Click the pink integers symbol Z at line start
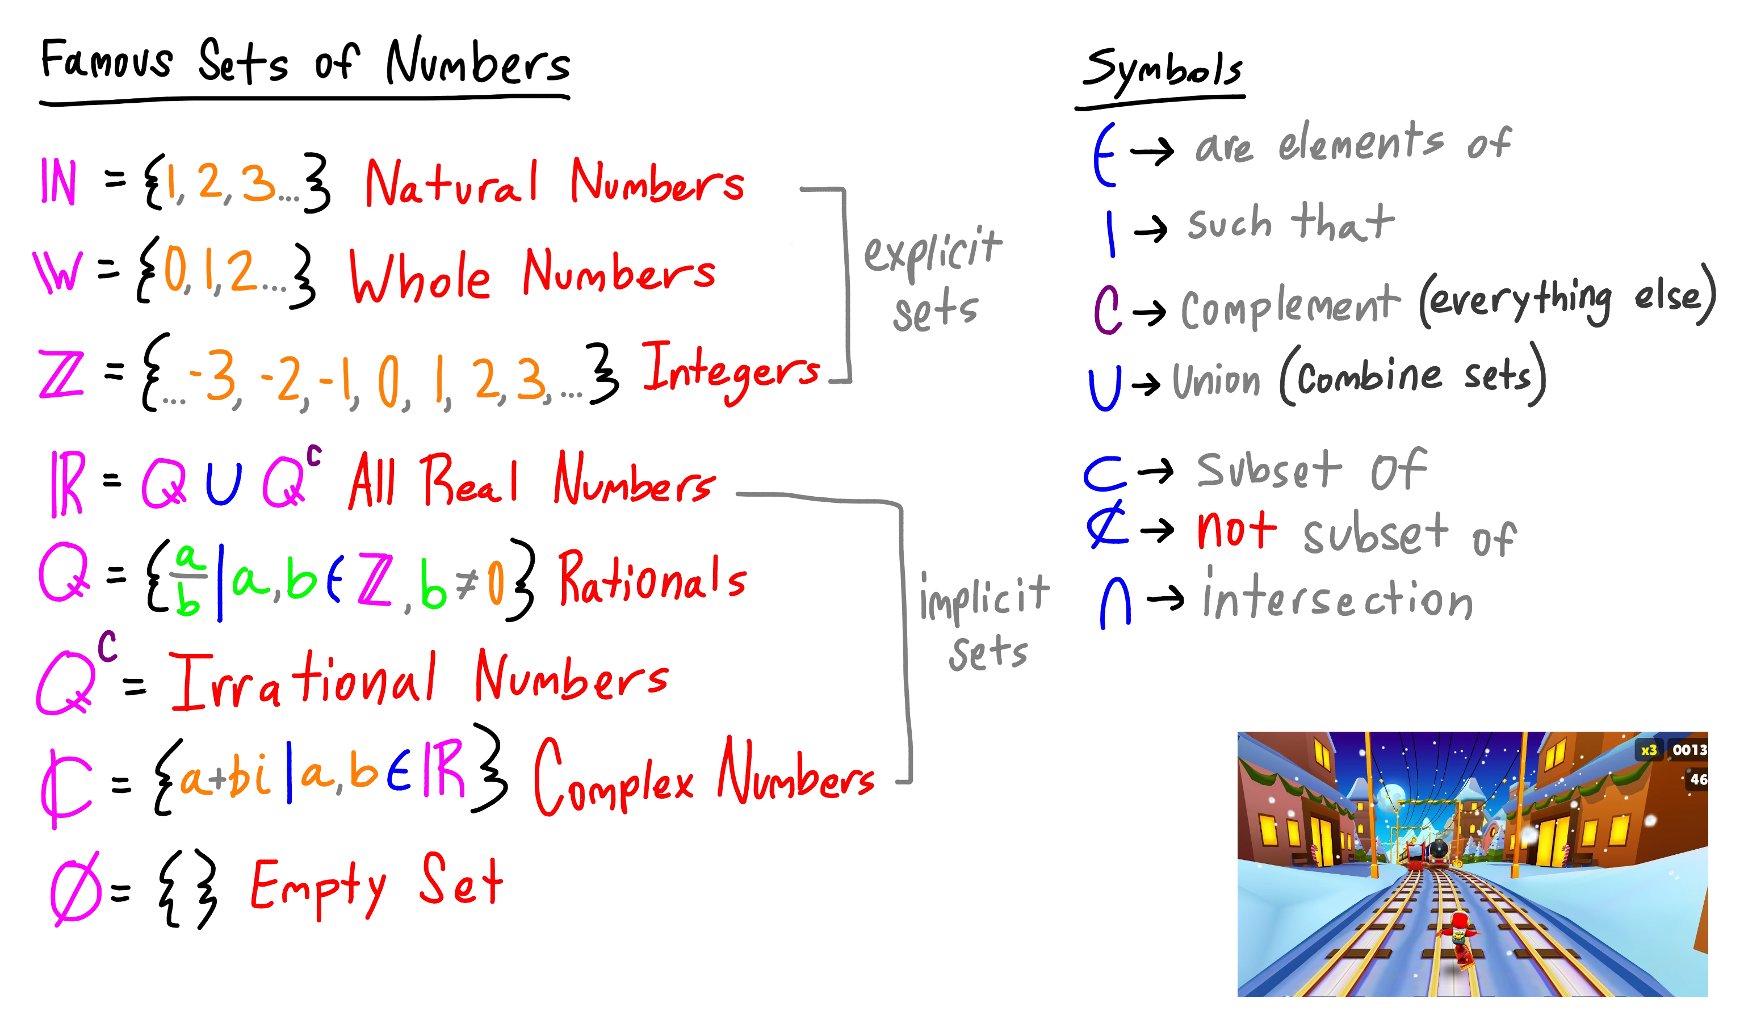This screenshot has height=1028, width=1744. coord(61,374)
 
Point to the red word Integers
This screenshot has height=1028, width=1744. coord(730,371)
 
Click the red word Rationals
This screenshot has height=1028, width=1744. coord(652,579)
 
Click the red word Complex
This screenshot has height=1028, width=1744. coord(613,779)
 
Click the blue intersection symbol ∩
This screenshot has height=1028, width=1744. coord(1115,604)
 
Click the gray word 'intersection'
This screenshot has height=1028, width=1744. coord(1337,597)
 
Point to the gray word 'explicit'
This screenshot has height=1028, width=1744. coord(932,249)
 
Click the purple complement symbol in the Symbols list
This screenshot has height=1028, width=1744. coord(1107,309)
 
